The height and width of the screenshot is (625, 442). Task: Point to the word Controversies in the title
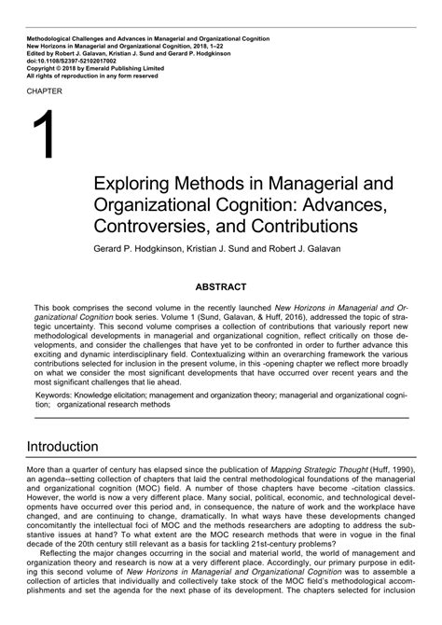click(x=151, y=226)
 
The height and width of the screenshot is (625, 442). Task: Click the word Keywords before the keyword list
click(x=54, y=395)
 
